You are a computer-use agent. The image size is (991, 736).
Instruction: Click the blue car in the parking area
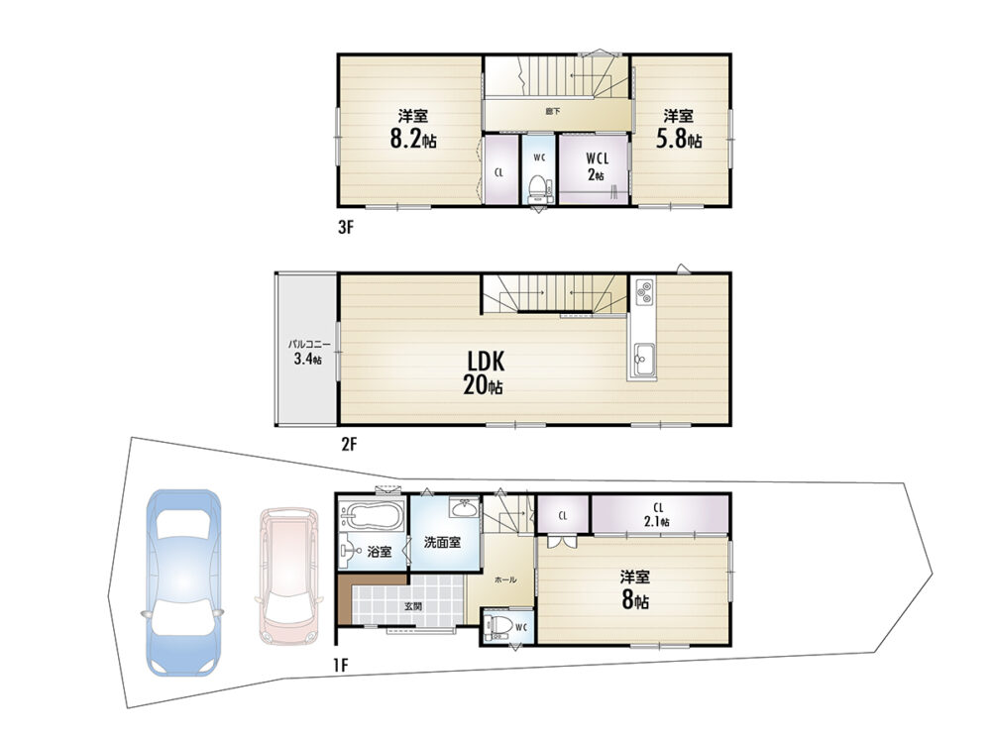tap(183, 581)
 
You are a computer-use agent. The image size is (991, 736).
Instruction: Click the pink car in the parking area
tap(288, 576)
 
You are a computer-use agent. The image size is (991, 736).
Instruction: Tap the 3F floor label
tap(345, 228)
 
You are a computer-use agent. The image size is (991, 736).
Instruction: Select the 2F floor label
tap(349, 445)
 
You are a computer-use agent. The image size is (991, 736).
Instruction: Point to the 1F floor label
tap(341, 665)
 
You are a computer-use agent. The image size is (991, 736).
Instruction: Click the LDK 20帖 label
tap(485, 373)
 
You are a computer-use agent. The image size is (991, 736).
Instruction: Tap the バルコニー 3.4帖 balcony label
tap(308, 353)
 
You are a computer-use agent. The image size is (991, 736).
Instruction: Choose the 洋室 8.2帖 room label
tap(412, 129)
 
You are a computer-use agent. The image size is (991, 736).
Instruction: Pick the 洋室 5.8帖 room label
tap(678, 129)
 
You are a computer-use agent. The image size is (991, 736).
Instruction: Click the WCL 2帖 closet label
tap(597, 166)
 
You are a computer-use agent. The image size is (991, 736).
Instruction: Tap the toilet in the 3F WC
tap(537, 187)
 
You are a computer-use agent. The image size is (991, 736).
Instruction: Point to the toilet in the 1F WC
tap(497, 625)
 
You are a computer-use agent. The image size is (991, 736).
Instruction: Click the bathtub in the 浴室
tap(372, 516)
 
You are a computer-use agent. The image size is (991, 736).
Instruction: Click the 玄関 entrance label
tap(412, 606)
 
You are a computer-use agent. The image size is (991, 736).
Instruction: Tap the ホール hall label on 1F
tap(505, 579)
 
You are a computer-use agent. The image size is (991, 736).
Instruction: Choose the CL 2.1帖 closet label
tap(658, 515)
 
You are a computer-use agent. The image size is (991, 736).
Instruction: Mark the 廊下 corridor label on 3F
tap(553, 112)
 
